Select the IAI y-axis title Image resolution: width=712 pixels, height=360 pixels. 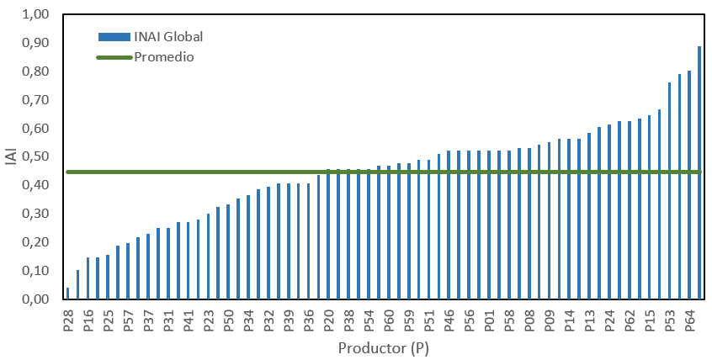[11, 157]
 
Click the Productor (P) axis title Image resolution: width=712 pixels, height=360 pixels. [383, 347]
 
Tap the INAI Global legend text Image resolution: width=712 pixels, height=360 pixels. [168, 36]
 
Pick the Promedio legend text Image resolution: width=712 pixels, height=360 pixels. [164, 57]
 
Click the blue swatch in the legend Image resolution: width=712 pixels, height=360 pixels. [114, 36]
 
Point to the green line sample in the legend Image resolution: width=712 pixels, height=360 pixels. [114, 57]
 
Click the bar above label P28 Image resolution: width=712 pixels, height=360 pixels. [68, 294]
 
